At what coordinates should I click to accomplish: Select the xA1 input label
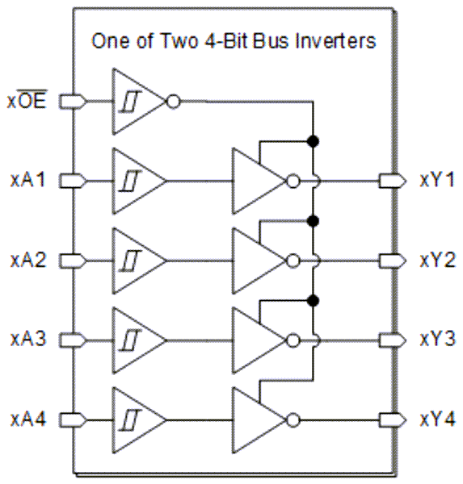tap(30, 179)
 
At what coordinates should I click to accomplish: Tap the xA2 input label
tap(30, 260)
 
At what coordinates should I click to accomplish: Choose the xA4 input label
tap(30, 419)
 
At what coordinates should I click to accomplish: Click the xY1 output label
tap(437, 179)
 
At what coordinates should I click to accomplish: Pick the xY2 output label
tap(437, 260)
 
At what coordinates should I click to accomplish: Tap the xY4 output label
tap(437, 419)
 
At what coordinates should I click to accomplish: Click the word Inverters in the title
tap(340, 41)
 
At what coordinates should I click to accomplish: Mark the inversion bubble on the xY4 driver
tap(294, 420)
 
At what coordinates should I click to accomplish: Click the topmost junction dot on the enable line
tap(312, 141)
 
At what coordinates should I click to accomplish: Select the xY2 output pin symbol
tap(393, 261)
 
